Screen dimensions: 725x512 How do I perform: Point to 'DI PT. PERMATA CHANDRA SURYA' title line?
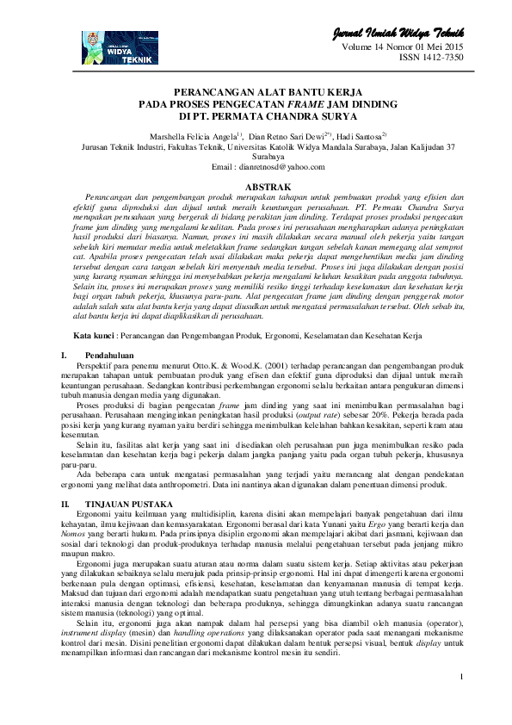pyautogui.click(x=256, y=115)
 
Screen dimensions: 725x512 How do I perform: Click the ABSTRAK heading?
pyautogui.click(x=256, y=187)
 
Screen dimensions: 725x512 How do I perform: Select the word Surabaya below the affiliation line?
pyautogui.click(x=256, y=157)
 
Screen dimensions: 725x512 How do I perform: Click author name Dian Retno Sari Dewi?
pyautogui.click(x=284, y=136)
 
